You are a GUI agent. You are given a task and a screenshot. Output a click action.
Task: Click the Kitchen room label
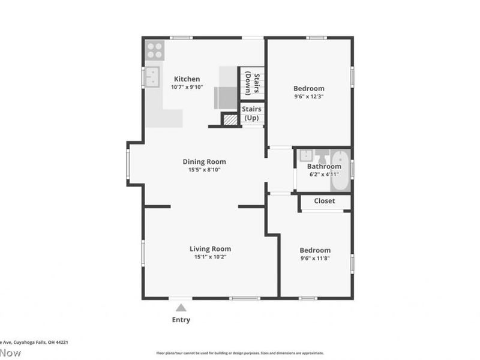click(187, 79)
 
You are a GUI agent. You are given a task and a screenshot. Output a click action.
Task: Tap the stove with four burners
click(154, 49)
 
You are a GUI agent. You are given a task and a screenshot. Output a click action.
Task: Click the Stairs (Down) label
click(256, 83)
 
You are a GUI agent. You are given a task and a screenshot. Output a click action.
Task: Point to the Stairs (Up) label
click(251, 113)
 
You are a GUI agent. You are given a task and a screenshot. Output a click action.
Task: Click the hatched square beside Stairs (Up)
click(230, 119)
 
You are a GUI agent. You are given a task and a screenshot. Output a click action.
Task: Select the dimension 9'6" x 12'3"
click(309, 96)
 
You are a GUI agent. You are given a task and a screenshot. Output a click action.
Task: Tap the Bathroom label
click(324, 167)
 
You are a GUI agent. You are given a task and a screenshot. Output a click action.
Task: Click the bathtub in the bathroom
click(340, 170)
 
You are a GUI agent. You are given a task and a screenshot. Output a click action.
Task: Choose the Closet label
click(325, 201)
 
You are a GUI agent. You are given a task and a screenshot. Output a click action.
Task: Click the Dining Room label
click(204, 161)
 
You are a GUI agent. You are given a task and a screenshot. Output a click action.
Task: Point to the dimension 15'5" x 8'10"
click(204, 170)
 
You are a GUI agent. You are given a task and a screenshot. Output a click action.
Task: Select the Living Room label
click(210, 249)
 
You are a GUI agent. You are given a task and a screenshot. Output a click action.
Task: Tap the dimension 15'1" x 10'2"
click(210, 257)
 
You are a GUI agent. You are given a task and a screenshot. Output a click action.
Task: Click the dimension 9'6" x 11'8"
click(315, 259)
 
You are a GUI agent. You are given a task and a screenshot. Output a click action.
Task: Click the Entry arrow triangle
click(181, 307)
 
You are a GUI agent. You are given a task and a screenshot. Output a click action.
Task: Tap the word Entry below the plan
click(181, 320)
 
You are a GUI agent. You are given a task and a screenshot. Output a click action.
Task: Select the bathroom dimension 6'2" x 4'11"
click(324, 175)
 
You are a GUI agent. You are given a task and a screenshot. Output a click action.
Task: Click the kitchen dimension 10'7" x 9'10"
click(187, 87)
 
